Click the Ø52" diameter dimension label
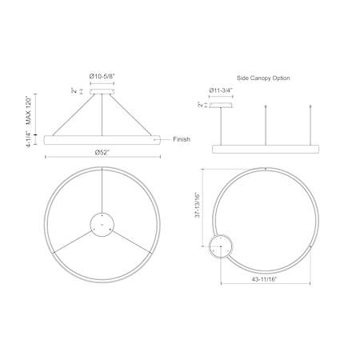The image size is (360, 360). pos(102,153)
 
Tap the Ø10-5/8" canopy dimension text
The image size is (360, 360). pos(102,76)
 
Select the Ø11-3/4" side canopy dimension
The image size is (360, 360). pos(221,90)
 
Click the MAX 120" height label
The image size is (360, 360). pos(29,111)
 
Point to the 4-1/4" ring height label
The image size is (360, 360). pos(29,139)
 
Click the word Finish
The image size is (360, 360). pos(182,139)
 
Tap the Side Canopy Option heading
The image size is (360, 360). pos(263,78)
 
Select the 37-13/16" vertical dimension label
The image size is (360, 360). pos(198,205)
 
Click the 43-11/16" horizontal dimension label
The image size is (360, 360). pos(264,279)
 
